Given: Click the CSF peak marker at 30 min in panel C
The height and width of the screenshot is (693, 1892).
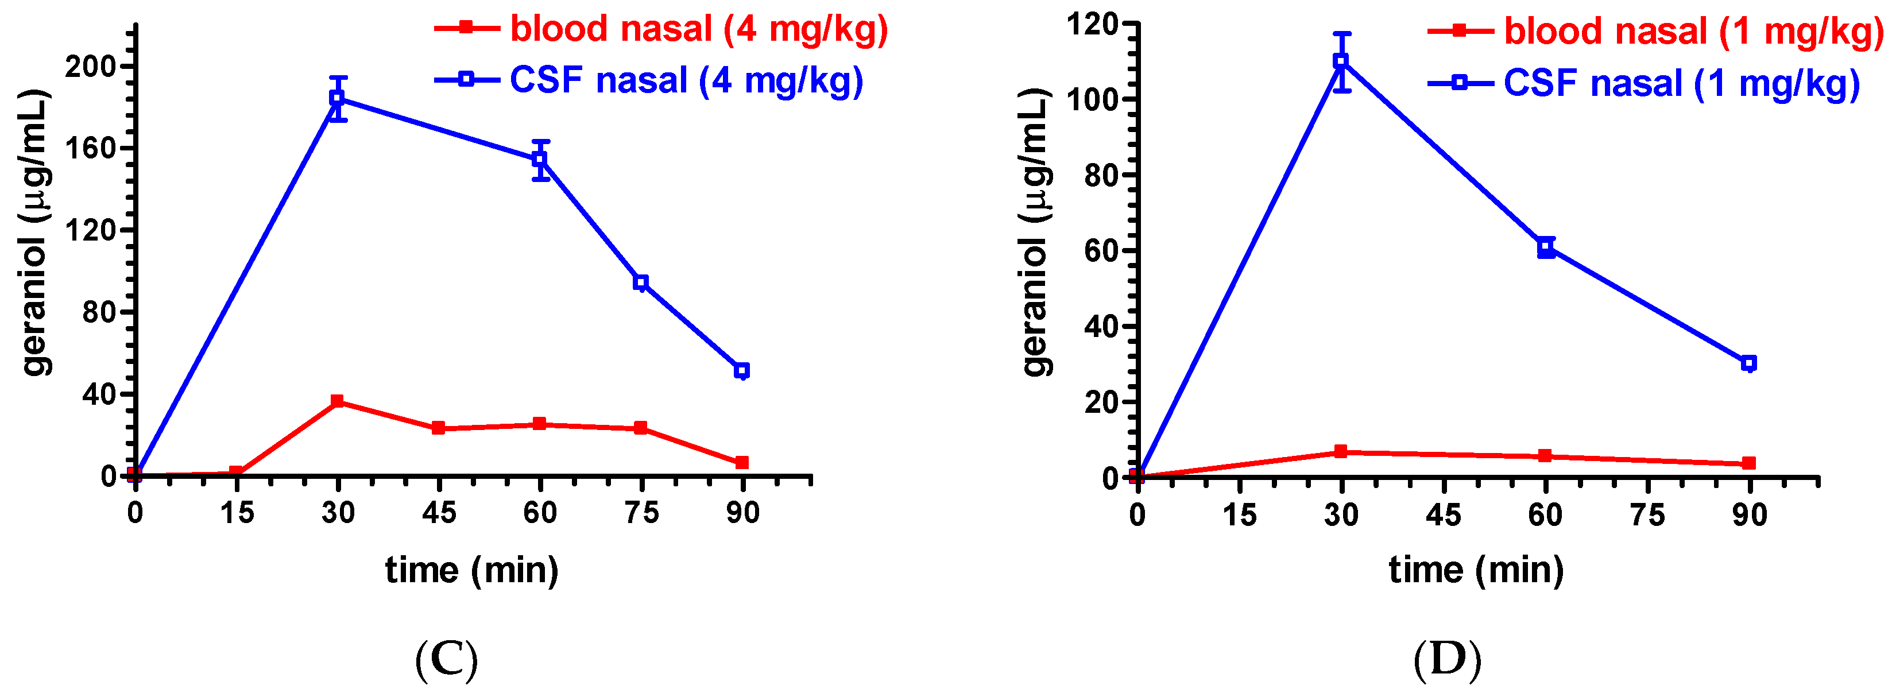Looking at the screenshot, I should (x=337, y=98).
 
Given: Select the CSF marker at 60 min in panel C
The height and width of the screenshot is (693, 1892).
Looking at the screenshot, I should (x=540, y=159).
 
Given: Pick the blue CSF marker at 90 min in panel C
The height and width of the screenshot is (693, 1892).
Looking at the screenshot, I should (x=742, y=371).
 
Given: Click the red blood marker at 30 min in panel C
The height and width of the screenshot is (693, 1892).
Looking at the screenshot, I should (x=337, y=401).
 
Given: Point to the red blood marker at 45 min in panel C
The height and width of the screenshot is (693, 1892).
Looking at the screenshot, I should (x=439, y=428).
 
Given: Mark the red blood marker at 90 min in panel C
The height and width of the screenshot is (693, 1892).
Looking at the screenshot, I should (x=742, y=463).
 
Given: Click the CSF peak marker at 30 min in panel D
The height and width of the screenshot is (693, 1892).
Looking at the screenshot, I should (x=1341, y=61).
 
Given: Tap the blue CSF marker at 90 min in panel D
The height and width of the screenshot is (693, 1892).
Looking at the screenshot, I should (x=1749, y=363).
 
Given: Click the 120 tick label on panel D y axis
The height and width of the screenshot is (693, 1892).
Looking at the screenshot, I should (x=1092, y=24).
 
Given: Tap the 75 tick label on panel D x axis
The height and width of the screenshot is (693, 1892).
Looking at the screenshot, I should (x=1647, y=516).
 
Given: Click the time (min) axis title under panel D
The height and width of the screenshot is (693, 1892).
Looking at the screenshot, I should (x=1476, y=570).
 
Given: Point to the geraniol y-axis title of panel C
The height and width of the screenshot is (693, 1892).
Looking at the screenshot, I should (x=34, y=231).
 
